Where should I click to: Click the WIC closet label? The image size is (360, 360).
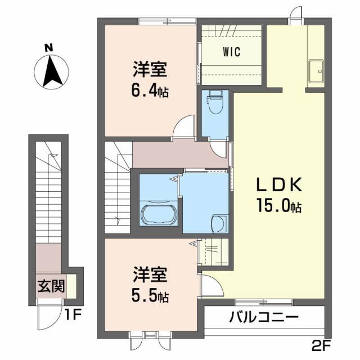point(231,52)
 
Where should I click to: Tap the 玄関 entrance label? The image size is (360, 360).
point(50,286)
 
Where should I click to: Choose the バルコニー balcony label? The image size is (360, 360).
point(263,318)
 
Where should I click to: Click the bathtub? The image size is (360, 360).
point(159,214)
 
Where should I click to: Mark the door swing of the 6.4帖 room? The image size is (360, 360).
point(183,127)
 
